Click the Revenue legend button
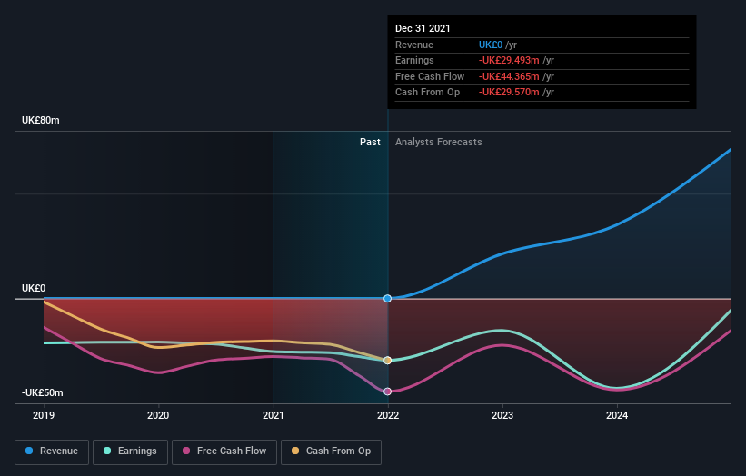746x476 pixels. click(52, 451)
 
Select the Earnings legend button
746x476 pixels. click(130, 451)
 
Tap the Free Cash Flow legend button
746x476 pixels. click(223, 451)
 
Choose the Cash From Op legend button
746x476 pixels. click(332, 451)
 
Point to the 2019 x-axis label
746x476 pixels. click(44, 415)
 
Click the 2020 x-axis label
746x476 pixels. click(158, 415)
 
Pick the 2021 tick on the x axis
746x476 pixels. click(273, 415)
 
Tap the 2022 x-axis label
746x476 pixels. click(388, 415)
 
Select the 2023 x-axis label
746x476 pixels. click(502, 415)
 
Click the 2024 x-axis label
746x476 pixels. click(617, 415)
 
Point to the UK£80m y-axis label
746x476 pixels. click(41, 120)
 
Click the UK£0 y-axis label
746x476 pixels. click(34, 288)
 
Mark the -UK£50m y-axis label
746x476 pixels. click(44, 392)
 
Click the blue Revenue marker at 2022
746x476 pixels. click(388, 298)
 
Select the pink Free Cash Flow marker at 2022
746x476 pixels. click(388, 392)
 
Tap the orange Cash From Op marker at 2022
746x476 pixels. click(388, 361)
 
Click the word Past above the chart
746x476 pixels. click(370, 142)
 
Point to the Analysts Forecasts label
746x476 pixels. click(438, 142)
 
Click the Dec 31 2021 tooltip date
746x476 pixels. click(423, 29)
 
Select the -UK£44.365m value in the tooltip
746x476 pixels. click(509, 76)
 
